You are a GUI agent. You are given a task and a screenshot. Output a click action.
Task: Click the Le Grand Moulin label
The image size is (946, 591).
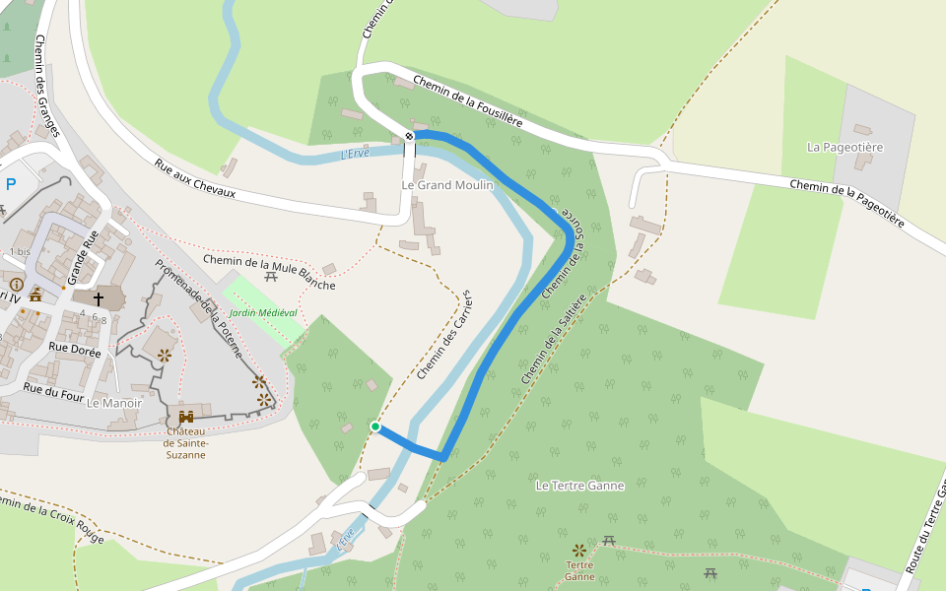tap(447, 185)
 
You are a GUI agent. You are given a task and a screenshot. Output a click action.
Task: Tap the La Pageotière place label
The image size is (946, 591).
tap(845, 147)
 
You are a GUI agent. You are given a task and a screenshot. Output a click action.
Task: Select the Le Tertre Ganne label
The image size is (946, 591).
tap(579, 486)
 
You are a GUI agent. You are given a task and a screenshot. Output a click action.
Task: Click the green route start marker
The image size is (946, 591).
tap(375, 427)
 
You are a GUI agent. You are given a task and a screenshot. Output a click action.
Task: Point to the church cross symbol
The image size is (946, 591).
tap(98, 297)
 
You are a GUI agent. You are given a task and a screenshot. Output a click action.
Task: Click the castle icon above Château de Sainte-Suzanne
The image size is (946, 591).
tap(185, 417)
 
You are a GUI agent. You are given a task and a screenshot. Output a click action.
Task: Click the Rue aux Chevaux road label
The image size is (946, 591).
tap(195, 178)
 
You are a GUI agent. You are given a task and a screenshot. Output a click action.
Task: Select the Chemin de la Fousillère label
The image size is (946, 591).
tap(468, 101)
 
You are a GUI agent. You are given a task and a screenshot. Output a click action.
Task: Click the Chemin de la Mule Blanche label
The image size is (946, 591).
tap(269, 273)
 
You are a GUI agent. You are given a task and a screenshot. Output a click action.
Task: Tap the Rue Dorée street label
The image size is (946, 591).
tap(75, 349)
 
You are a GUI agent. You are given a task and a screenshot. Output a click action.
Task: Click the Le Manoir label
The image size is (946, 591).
tap(114, 403)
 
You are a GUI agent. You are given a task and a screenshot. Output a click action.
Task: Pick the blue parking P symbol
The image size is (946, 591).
tap(11, 184)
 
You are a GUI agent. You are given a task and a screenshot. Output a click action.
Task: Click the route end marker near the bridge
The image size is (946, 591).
tap(409, 135)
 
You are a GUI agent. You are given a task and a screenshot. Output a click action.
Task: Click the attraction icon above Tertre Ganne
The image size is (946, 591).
tap(578, 549)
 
